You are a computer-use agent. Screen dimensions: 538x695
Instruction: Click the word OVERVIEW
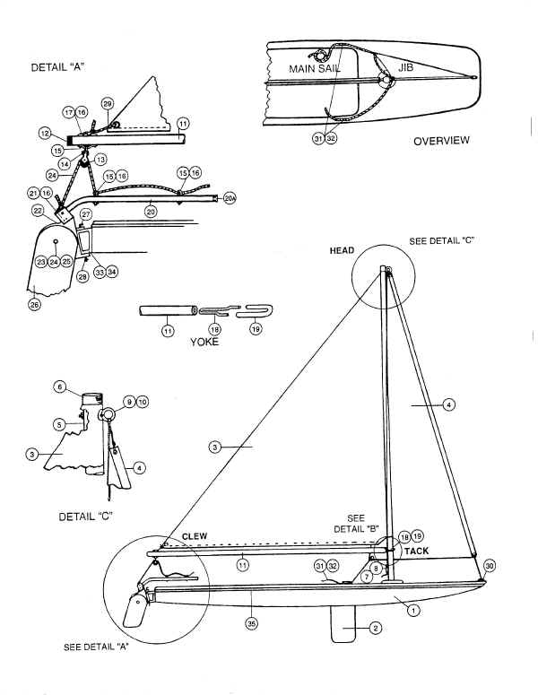coord(441,141)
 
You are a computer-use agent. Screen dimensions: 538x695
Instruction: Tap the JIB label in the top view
coord(405,68)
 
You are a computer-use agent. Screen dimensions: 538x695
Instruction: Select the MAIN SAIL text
coord(315,69)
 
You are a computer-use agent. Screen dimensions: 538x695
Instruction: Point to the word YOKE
coord(204,342)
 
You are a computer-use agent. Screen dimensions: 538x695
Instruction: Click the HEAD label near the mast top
coord(342,250)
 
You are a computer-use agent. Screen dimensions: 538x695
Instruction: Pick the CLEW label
coord(195,536)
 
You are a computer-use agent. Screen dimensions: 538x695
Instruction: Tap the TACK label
coord(416,551)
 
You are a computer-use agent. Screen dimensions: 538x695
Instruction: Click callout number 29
coord(108,104)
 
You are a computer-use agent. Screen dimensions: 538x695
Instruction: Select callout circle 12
coord(45,133)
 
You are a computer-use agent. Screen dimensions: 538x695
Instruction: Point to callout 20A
coord(230,198)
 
